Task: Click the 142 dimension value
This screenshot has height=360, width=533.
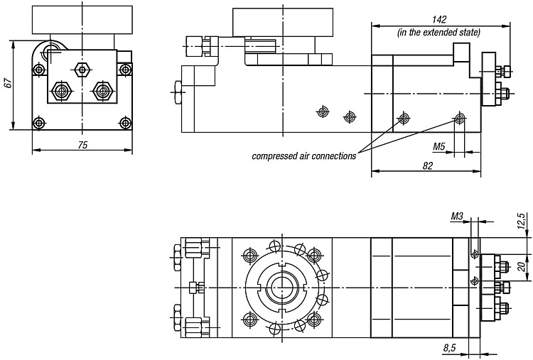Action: point(439,19)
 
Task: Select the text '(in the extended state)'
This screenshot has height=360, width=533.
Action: point(439,32)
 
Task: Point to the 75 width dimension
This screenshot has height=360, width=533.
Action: point(82,145)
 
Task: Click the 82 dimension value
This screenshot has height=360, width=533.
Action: point(428,165)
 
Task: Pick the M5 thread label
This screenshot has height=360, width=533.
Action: point(439,147)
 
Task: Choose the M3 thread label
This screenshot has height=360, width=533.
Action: point(457,217)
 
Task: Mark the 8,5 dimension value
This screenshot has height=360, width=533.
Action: point(450,348)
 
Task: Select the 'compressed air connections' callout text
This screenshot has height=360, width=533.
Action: point(304,156)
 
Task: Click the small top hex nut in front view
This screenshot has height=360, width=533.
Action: point(82,70)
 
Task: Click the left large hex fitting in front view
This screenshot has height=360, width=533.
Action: point(61,91)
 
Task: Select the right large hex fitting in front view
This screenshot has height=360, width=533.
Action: point(102,91)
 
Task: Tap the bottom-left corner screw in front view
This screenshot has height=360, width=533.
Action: point(39,123)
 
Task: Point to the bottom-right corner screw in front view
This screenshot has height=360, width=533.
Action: point(125,123)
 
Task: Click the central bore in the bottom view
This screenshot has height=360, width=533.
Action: point(281,288)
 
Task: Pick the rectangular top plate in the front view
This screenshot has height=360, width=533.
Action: point(82,20)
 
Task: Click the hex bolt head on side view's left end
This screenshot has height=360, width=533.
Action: point(178,92)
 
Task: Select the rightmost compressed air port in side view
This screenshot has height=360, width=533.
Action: point(460,118)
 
